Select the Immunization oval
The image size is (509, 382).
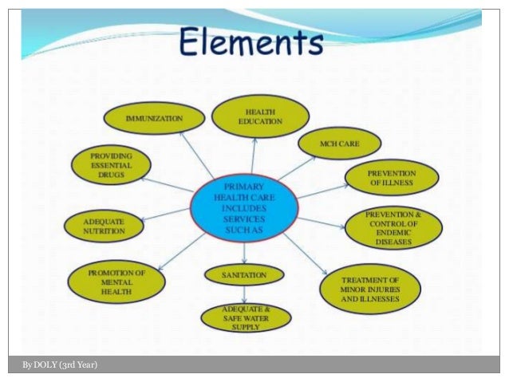coord(154,119)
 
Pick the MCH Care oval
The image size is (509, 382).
coord(340,144)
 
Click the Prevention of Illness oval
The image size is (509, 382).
coord(390,178)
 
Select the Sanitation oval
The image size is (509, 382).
coord(244,275)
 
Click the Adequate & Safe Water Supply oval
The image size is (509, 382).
coord(245,317)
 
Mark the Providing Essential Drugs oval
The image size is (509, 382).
coord(111,166)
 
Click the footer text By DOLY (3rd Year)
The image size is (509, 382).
coord(61,365)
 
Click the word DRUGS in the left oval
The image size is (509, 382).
coord(111,175)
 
